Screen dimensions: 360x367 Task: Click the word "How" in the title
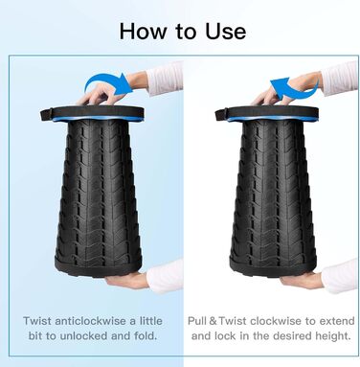tap(143, 32)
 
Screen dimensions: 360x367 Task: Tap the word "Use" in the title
tap(225, 32)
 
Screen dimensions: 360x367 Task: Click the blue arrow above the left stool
tap(108, 83)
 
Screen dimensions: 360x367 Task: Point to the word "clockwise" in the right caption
tap(276, 321)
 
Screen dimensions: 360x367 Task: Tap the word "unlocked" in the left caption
tap(84, 335)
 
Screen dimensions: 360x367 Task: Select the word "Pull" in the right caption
tap(197, 321)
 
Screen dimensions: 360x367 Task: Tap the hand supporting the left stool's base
tap(127, 280)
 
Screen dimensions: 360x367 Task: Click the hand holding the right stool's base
tap(302, 280)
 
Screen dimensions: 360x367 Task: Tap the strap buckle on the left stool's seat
tap(47, 115)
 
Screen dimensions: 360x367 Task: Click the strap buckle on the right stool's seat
tap(221, 115)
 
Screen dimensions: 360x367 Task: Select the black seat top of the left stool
tap(92, 112)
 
